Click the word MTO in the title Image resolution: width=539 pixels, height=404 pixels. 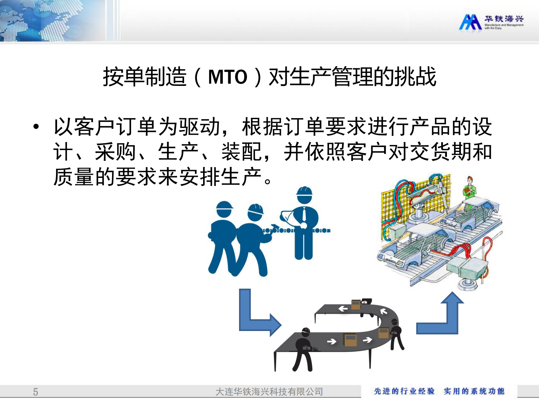[x=227, y=77]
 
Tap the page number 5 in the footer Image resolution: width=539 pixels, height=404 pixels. [x=35, y=392]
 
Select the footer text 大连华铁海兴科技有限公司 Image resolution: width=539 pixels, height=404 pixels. [x=269, y=392]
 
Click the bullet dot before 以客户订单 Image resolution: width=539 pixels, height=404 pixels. [x=36, y=127]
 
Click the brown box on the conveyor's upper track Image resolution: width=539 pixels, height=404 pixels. [x=356, y=304]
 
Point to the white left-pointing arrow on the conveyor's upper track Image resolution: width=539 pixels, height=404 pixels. [x=343, y=309]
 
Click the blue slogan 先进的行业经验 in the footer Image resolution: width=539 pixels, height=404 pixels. [x=404, y=391]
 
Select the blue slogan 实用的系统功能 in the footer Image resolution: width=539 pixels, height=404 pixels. [x=474, y=391]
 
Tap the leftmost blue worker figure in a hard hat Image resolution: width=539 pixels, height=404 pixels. [x=222, y=238]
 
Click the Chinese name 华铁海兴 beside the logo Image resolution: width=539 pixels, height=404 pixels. [x=504, y=19]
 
